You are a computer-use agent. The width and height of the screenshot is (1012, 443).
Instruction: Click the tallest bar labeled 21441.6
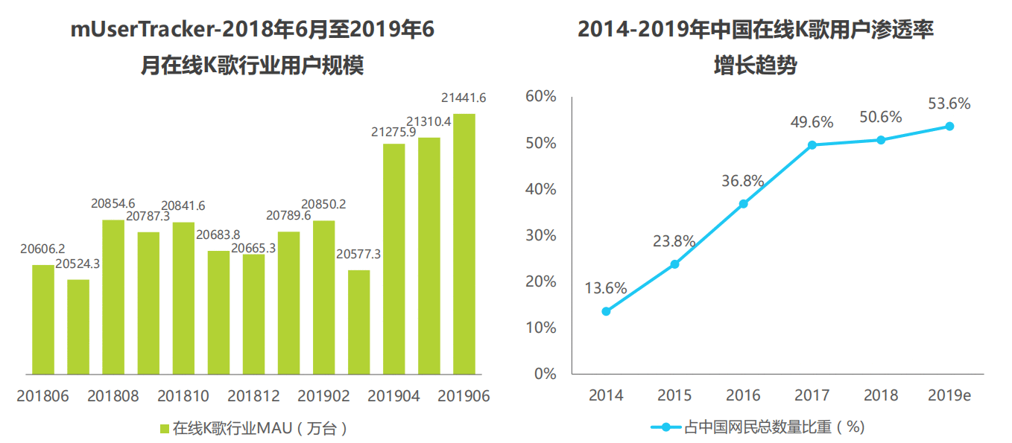pyautogui.click(x=464, y=244)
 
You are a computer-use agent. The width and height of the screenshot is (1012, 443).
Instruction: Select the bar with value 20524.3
pyautogui.click(x=78, y=327)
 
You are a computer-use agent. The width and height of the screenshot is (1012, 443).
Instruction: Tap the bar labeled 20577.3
pyautogui.click(x=358, y=322)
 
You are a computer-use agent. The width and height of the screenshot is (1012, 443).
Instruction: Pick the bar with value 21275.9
pyautogui.click(x=394, y=259)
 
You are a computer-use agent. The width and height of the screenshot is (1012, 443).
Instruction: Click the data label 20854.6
pyautogui.click(x=113, y=204)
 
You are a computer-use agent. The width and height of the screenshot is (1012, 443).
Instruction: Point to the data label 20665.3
pyautogui.click(x=253, y=249)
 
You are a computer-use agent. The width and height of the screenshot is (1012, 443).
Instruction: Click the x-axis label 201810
pyautogui.click(x=183, y=396)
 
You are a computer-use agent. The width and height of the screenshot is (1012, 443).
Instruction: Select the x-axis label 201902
pyautogui.click(x=323, y=396)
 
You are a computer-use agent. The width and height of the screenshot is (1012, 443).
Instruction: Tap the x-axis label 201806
pyautogui.click(x=43, y=396)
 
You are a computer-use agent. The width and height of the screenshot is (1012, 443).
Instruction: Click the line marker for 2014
pyautogui.click(x=607, y=311)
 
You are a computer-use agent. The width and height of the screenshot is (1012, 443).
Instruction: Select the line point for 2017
pyautogui.click(x=812, y=145)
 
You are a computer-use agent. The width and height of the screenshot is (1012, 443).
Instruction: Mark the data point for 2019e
pyautogui.click(x=949, y=127)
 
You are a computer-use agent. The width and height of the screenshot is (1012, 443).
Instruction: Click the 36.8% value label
pyautogui.click(x=743, y=181)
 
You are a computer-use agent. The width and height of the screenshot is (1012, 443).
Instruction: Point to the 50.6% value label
pyautogui.click(x=881, y=117)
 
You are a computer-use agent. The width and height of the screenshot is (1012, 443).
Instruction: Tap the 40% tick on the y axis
pyautogui.click(x=541, y=189)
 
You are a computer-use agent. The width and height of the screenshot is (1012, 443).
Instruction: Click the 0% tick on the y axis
pyautogui.click(x=545, y=374)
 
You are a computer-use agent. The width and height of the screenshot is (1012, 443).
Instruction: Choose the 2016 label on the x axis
pyautogui.click(x=743, y=395)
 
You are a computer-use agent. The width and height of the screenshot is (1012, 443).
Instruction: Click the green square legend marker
pyautogui.click(x=165, y=429)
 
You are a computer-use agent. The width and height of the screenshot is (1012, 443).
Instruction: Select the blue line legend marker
pyautogui.click(x=665, y=427)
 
